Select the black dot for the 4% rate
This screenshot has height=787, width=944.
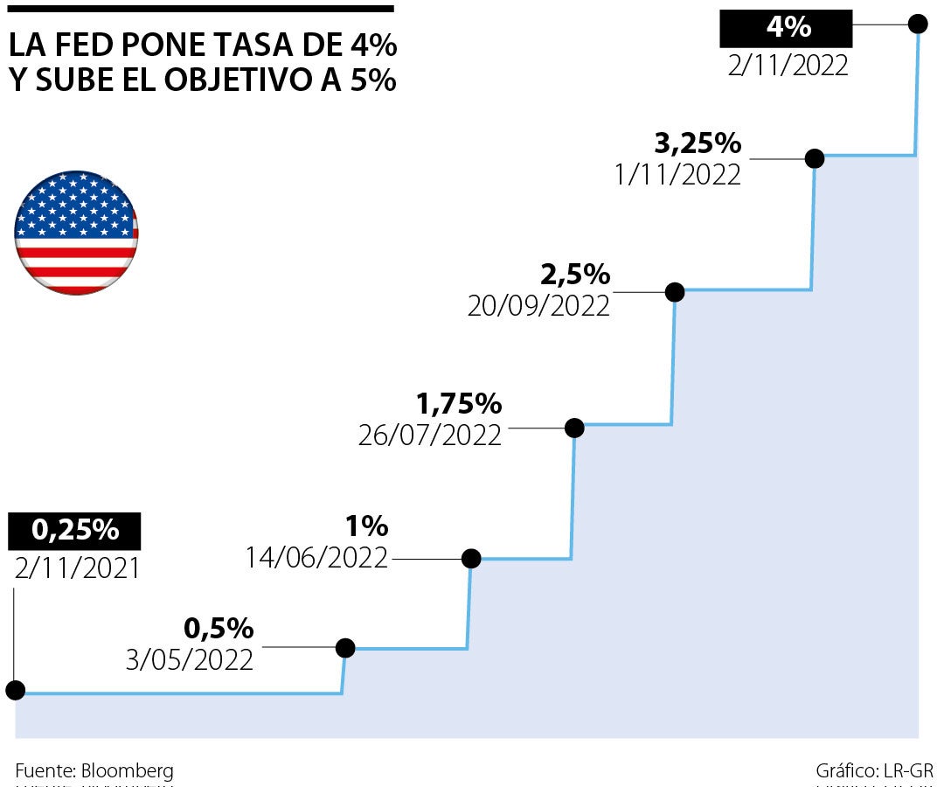point(918,24)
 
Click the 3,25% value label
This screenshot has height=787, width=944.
point(698,142)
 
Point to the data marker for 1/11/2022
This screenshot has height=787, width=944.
point(815,158)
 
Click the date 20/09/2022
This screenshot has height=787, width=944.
point(538,306)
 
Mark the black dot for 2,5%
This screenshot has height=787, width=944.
point(674,292)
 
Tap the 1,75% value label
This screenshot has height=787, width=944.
point(459,404)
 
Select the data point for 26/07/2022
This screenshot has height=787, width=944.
point(574,428)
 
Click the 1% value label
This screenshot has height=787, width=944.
point(366,526)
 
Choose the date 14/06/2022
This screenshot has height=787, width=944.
point(316,558)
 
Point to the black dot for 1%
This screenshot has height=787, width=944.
point(471,558)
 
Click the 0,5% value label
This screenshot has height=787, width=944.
point(219,628)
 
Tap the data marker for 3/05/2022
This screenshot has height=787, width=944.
point(345,648)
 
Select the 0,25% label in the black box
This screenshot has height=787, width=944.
point(74,530)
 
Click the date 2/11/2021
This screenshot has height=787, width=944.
point(78,568)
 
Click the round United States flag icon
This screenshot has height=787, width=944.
point(76,233)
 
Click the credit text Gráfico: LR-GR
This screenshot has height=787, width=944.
point(875,771)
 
